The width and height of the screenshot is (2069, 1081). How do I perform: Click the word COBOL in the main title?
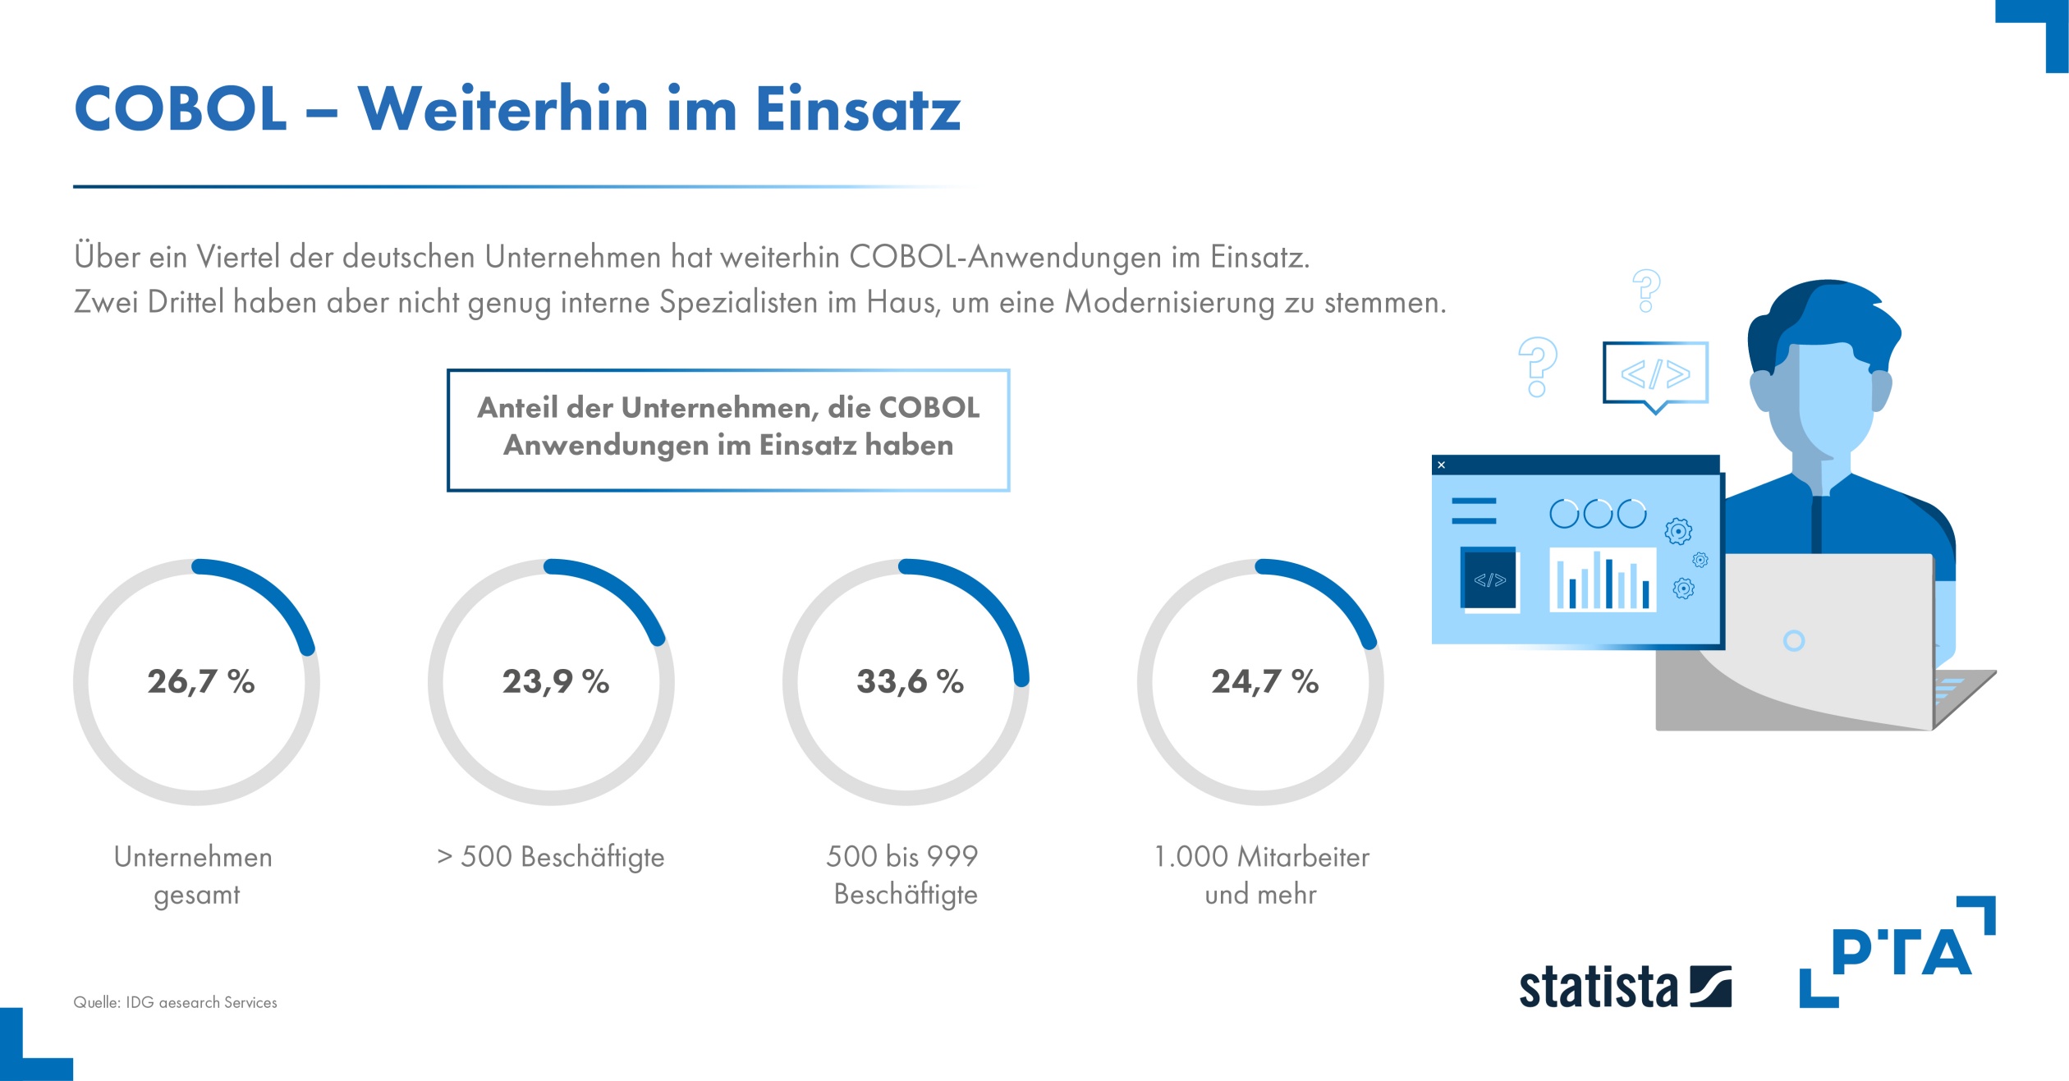point(181,109)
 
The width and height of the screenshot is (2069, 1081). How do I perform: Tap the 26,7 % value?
point(201,681)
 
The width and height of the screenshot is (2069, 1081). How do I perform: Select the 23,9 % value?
point(556,681)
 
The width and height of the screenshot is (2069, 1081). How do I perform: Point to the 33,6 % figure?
point(910,681)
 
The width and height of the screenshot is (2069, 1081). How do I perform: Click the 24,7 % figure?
point(1264,681)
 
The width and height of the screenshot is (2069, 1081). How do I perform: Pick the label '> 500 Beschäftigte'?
point(551,857)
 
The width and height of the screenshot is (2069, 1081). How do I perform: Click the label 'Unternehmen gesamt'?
point(195,875)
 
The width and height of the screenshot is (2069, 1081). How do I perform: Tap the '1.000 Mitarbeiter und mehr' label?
point(1261,875)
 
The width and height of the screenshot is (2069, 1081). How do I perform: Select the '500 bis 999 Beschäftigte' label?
point(903,875)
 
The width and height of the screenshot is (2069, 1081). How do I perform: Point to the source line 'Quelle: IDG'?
point(175,1002)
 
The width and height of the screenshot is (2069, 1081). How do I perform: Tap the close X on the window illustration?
point(1441,465)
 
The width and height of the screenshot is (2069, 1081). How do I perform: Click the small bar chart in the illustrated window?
point(1602,580)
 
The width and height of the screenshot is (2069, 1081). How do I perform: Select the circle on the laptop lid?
point(1794,640)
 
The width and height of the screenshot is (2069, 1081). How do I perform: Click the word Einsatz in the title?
point(857,109)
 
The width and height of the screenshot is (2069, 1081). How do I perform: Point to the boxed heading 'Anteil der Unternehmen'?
point(728,427)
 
